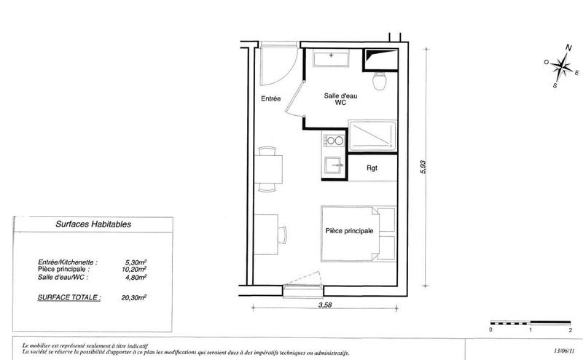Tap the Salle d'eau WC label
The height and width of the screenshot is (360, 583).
click(x=340, y=100)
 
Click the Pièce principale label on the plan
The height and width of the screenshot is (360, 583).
click(x=349, y=231)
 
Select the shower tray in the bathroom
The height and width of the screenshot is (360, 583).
click(x=372, y=137)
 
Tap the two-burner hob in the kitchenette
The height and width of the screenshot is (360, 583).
click(x=334, y=141)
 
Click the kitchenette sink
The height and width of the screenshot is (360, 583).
click(x=334, y=164)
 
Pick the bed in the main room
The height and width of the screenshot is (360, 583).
click(x=357, y=232)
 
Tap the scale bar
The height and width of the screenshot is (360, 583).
click(x=531, y=322)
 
